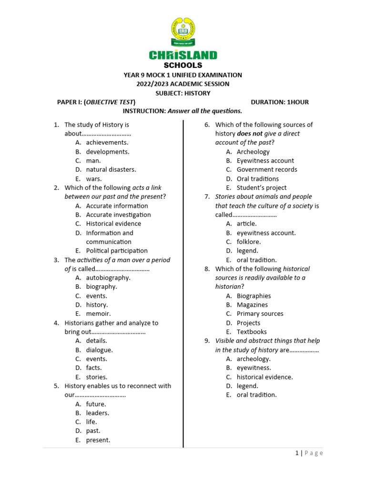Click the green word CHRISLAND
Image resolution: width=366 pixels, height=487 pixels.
pos(183,55)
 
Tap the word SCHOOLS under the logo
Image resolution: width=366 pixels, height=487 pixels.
pos(183,65)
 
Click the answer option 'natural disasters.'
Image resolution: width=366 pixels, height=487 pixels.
pos(111,169)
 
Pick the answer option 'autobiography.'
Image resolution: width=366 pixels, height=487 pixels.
pos(108,278)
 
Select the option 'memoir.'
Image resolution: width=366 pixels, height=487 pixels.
pos(98,314)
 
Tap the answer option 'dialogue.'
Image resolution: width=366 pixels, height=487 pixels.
pos(100,350)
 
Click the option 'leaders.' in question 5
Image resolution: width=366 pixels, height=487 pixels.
pos(98,413)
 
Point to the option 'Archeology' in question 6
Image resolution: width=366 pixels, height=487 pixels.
pos(253,152)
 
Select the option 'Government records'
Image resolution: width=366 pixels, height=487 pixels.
pos(267,169)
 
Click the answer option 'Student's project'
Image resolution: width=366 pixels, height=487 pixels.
pos(262,187)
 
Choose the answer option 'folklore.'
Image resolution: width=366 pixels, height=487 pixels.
pos(249,242)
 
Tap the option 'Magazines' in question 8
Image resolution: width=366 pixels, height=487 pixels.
pos(252,305)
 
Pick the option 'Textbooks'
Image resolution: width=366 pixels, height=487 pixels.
pos(252,332)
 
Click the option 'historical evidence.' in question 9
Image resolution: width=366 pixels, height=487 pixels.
pos(264,377)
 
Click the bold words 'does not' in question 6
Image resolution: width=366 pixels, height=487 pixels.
pos(249,134)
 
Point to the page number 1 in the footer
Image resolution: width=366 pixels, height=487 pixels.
pos(296,453)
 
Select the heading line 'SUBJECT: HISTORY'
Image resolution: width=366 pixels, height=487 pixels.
pos(183,93)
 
